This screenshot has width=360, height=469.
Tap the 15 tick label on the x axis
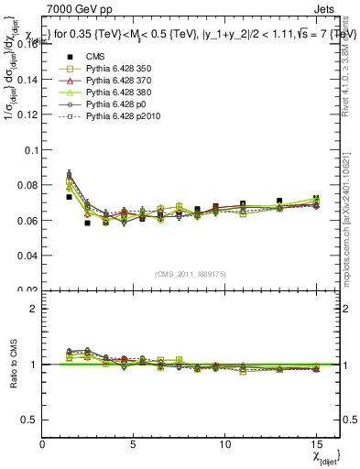[x=315, y=442]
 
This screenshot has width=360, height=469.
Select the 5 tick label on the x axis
[x=134, y=442]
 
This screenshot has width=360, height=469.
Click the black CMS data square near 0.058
[x=88, y=223]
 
